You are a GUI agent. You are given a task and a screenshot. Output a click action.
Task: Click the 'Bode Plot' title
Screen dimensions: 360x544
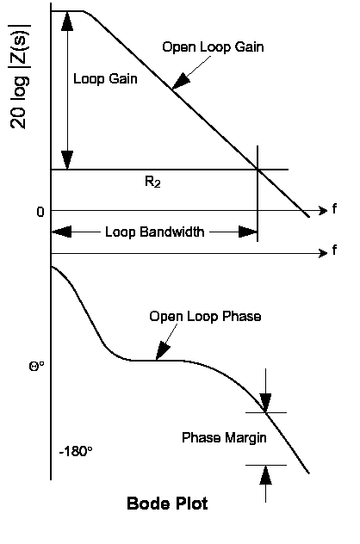pyautogui.click(x=167, y=504)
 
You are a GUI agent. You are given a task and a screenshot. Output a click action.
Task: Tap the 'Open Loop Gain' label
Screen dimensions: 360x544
pyautogui.click(x=213, y=47)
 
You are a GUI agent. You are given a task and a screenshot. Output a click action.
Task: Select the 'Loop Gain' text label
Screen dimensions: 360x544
pyautogui.click(x=105, y=78)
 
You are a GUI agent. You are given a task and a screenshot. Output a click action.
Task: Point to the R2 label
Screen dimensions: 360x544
pyautogui.click(x=152, y=182)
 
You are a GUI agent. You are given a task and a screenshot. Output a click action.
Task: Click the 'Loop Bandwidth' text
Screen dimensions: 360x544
pyautogui.click(x=155, y=232)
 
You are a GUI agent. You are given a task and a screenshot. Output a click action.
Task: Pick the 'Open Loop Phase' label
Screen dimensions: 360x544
pyautogui.click(x=205, y=317)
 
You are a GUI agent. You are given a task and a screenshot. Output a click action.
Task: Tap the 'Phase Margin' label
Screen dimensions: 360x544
pyautogui.click(x=224, y=437)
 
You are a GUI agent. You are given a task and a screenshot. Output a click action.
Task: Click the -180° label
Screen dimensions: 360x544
pyautogui.click(x=76, y=451)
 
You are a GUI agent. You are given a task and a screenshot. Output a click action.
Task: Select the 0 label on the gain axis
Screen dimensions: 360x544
pyautogui.click(x=40, y=212)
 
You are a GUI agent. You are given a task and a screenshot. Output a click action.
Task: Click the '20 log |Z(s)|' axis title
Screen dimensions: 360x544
pyautogui.click(x=20, y=77)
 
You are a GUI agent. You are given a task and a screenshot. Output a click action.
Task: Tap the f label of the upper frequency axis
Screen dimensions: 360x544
pyautogui.click(x=334, y=209)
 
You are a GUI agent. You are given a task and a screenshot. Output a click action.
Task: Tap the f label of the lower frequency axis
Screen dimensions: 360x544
pyautogui.click(x=334, y=250)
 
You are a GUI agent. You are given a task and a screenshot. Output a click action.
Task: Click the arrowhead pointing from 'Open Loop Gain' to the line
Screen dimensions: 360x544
pyautogui.click(x=181, y=82)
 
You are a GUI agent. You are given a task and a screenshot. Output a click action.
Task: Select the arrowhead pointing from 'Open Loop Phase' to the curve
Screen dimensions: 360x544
pyautogui.click(x=162, y=352)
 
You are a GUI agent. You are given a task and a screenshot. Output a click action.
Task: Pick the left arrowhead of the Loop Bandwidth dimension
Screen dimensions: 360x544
pyautogui.click(x=61, y=232)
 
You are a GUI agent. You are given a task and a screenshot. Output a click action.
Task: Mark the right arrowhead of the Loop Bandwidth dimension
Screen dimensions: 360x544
pyautogui.click(x=248, y=232)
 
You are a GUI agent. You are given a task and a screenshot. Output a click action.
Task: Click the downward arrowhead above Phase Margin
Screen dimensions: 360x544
pyautogui.click(x=265, y=403)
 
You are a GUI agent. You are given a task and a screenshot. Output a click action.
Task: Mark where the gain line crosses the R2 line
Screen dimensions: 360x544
pyautogui.click(x=258, y=170)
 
